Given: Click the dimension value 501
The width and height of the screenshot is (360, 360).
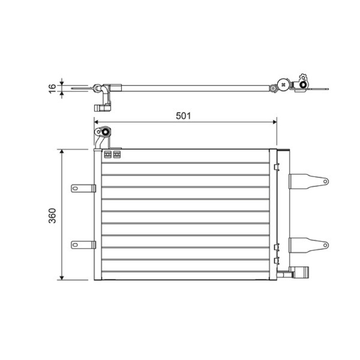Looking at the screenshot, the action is pos(183,116).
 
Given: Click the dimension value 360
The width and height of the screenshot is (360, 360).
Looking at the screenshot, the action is pos(52,216).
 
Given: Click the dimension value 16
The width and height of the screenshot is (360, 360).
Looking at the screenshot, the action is pos(52,88).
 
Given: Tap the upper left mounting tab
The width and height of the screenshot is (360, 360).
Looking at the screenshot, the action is pos(83,189).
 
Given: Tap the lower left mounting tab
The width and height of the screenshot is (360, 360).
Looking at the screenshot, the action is pos(83,245).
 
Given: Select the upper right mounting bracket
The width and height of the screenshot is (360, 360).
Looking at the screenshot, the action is pos(308,181).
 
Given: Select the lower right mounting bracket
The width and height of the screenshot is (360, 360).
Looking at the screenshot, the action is pos(308,245).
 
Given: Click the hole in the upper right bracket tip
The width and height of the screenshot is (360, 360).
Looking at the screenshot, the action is pos(325,181).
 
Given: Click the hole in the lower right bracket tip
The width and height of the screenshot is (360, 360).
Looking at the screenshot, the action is pos(325,245).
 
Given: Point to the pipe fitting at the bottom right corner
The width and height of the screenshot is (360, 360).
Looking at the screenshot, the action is pos(298,272).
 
